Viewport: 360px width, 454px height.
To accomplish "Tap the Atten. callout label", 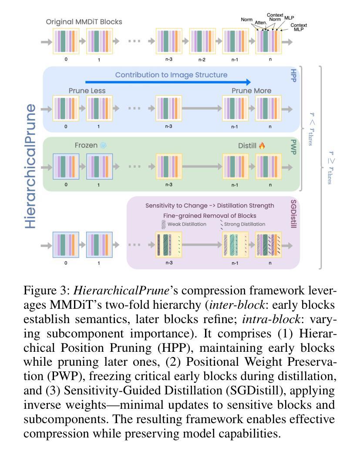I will [x=261, y=23].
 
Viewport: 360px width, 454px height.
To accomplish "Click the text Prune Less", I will [x=87, y=91].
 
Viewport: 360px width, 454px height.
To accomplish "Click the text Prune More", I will [x=251, y=91].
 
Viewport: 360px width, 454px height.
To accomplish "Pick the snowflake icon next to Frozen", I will [x=103, y=146].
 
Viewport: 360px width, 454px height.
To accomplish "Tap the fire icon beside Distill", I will [x=262, y=146].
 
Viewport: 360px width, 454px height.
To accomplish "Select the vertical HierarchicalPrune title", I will [x=30, y=166].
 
